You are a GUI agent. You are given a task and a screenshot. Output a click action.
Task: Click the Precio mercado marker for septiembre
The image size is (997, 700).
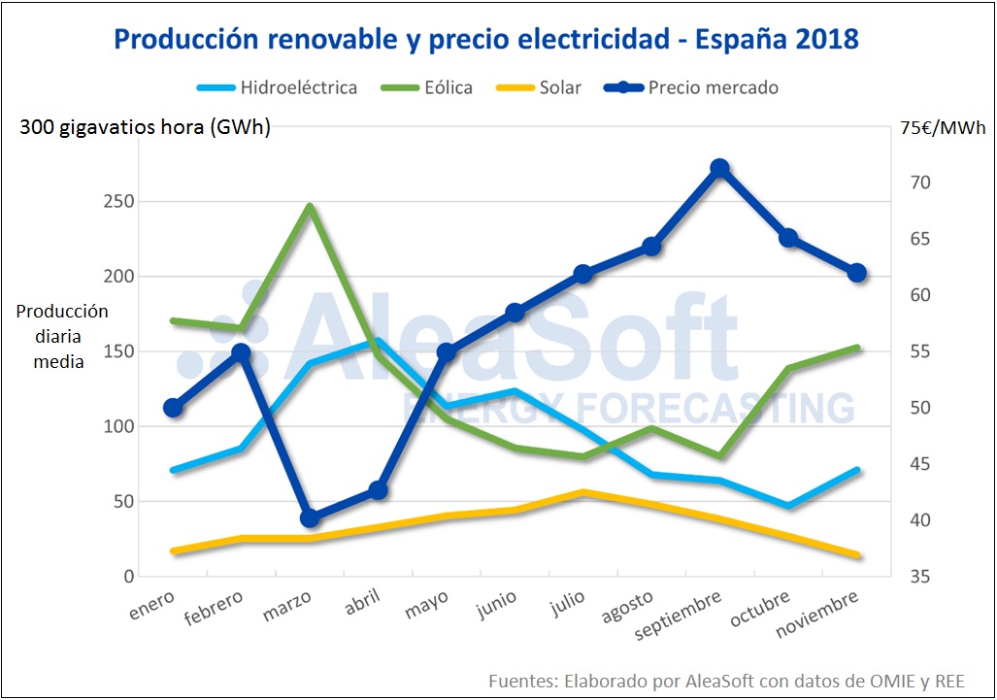click(719, 168)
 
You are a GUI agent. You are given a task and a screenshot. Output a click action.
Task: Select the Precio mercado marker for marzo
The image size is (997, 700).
click(310, 518)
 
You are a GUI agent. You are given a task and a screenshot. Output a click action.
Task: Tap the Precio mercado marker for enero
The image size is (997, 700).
click(174, 408)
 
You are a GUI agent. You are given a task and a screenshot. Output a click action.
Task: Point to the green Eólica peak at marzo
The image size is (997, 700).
click(310, 206)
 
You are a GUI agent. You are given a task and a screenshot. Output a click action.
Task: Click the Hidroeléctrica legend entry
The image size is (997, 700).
click(277, 87)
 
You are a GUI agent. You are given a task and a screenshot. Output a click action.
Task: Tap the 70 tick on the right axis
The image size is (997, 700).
click(921, 183)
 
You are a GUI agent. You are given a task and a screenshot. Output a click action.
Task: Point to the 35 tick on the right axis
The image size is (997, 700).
click(921, 577)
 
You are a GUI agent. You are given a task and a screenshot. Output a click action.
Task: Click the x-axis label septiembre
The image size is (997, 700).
click(679, 616)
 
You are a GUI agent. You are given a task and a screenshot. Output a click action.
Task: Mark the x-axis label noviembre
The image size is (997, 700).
click(817, 616)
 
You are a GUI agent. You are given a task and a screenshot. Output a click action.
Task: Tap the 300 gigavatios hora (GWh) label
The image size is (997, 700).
click(146, 128)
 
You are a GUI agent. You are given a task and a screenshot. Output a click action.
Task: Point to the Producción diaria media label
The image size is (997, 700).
click(62, 337)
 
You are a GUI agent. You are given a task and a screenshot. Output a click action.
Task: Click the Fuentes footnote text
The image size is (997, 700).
click(727, 680)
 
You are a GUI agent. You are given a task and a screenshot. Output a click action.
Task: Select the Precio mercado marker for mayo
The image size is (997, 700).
click(447, 352)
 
